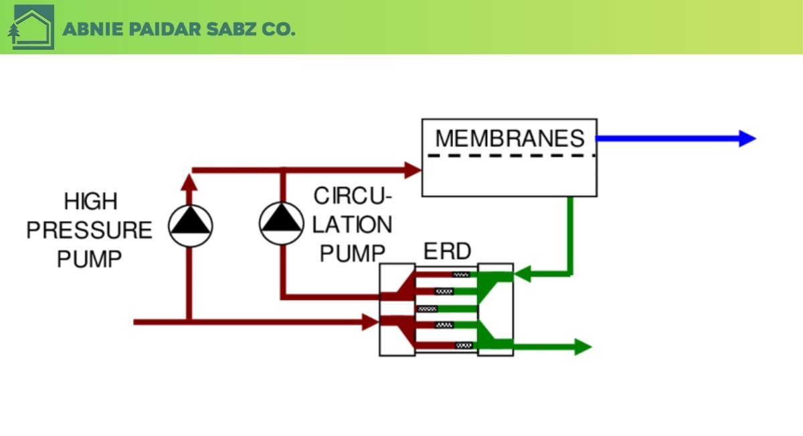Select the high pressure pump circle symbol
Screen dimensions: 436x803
(190, 226)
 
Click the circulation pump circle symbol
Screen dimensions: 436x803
(282, 224)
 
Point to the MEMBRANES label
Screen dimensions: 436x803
(510, 139)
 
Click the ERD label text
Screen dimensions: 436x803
(447, 252)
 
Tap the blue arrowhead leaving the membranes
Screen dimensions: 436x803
(746, 139)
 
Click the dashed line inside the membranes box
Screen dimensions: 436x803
(509, 156)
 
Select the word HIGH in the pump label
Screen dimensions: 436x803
(90, 201)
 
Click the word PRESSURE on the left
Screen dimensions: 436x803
(89, 230)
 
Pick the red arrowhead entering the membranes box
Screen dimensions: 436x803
(412, 169)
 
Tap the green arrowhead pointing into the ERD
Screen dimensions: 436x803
(522, 273)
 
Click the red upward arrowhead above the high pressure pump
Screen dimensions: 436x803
(190, 181)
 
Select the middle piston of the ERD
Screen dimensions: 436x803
(427, 309)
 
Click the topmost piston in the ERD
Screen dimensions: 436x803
(461, 274)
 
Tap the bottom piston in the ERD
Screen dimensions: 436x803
(463, 346)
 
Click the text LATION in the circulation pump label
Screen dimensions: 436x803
(352, 225)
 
